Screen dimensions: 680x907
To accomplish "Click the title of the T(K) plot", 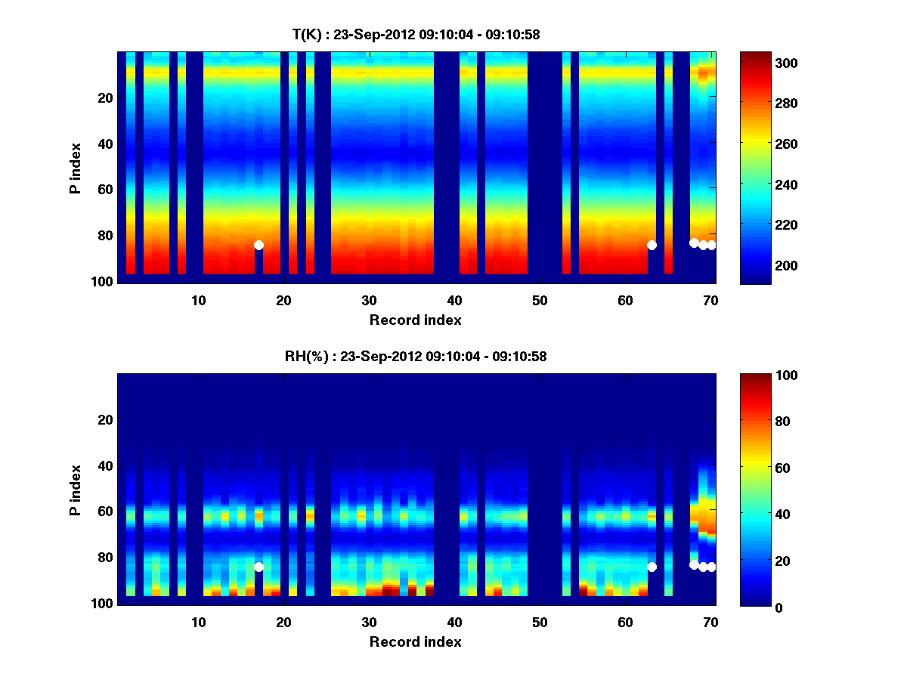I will pyautogui.click(x=416, y=34).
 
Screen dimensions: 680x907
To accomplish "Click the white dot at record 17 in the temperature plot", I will pyautogui.click(x=258, y=245).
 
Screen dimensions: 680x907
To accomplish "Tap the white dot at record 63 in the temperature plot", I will pyautogui.click(x=652, y=245).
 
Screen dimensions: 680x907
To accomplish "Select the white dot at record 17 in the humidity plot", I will pyautogui.click(x=258, y=567).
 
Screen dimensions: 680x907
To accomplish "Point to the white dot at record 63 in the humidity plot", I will pyautogui.click(x=652, y=567).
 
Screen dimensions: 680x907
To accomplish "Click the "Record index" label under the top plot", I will pyautogui.click(x=416, y=320).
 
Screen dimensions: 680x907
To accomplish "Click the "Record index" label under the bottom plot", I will pyautogui.click(x=416, y=641).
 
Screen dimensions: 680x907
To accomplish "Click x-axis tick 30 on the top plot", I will pyautogui.click(x=369, y=300).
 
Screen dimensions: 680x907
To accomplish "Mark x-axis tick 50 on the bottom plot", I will pyautogui.click(x=540, y=622).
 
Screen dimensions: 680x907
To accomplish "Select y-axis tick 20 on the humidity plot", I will pyautogui.click(x=105, y=419).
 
